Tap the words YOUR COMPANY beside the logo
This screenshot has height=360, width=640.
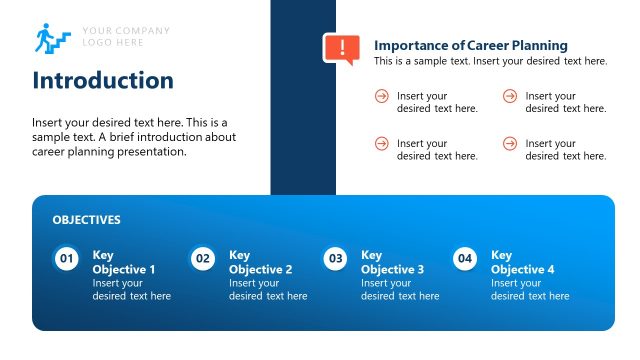[x=126, y=30]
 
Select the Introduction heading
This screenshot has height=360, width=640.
[x=103, y=81]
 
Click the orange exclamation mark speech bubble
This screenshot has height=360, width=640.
[x=341, y=48]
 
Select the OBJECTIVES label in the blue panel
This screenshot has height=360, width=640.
[x=86, y=220]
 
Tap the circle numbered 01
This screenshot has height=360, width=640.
[x=67, y=259]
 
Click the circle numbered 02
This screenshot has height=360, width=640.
[x=203, y=259]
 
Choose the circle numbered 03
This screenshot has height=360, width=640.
[x=336, y=259]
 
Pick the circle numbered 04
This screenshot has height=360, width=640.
[x=465, y=259]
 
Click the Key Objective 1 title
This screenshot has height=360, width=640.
[x=124, y=262]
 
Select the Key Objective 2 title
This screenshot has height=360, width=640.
[x=260, y=262]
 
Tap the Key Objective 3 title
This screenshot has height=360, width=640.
[x=392, y=262]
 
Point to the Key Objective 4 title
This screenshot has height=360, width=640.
[x=522, y=262]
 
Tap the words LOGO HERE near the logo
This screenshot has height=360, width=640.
[x=113, y=42]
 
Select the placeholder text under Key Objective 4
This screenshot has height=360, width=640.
[x=530, y=290]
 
